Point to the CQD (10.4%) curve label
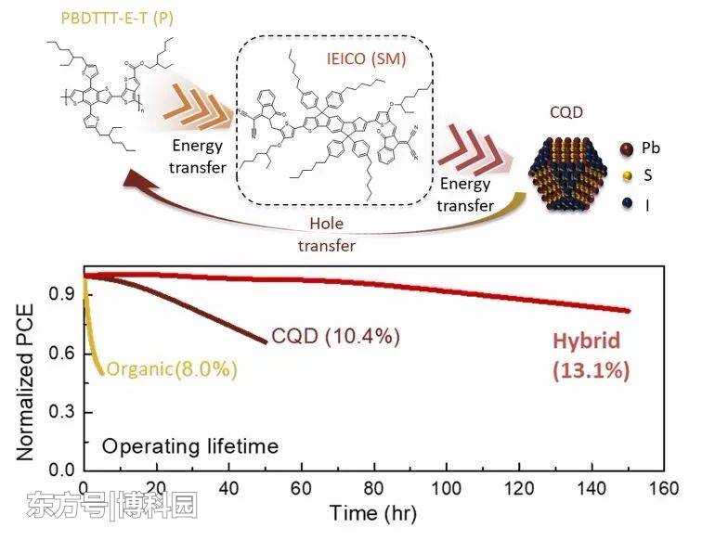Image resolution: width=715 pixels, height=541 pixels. [x=335, y=337]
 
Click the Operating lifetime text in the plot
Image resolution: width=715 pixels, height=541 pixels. [x=189, y=446]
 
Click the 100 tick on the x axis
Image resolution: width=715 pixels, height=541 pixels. [x=448, y=488]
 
